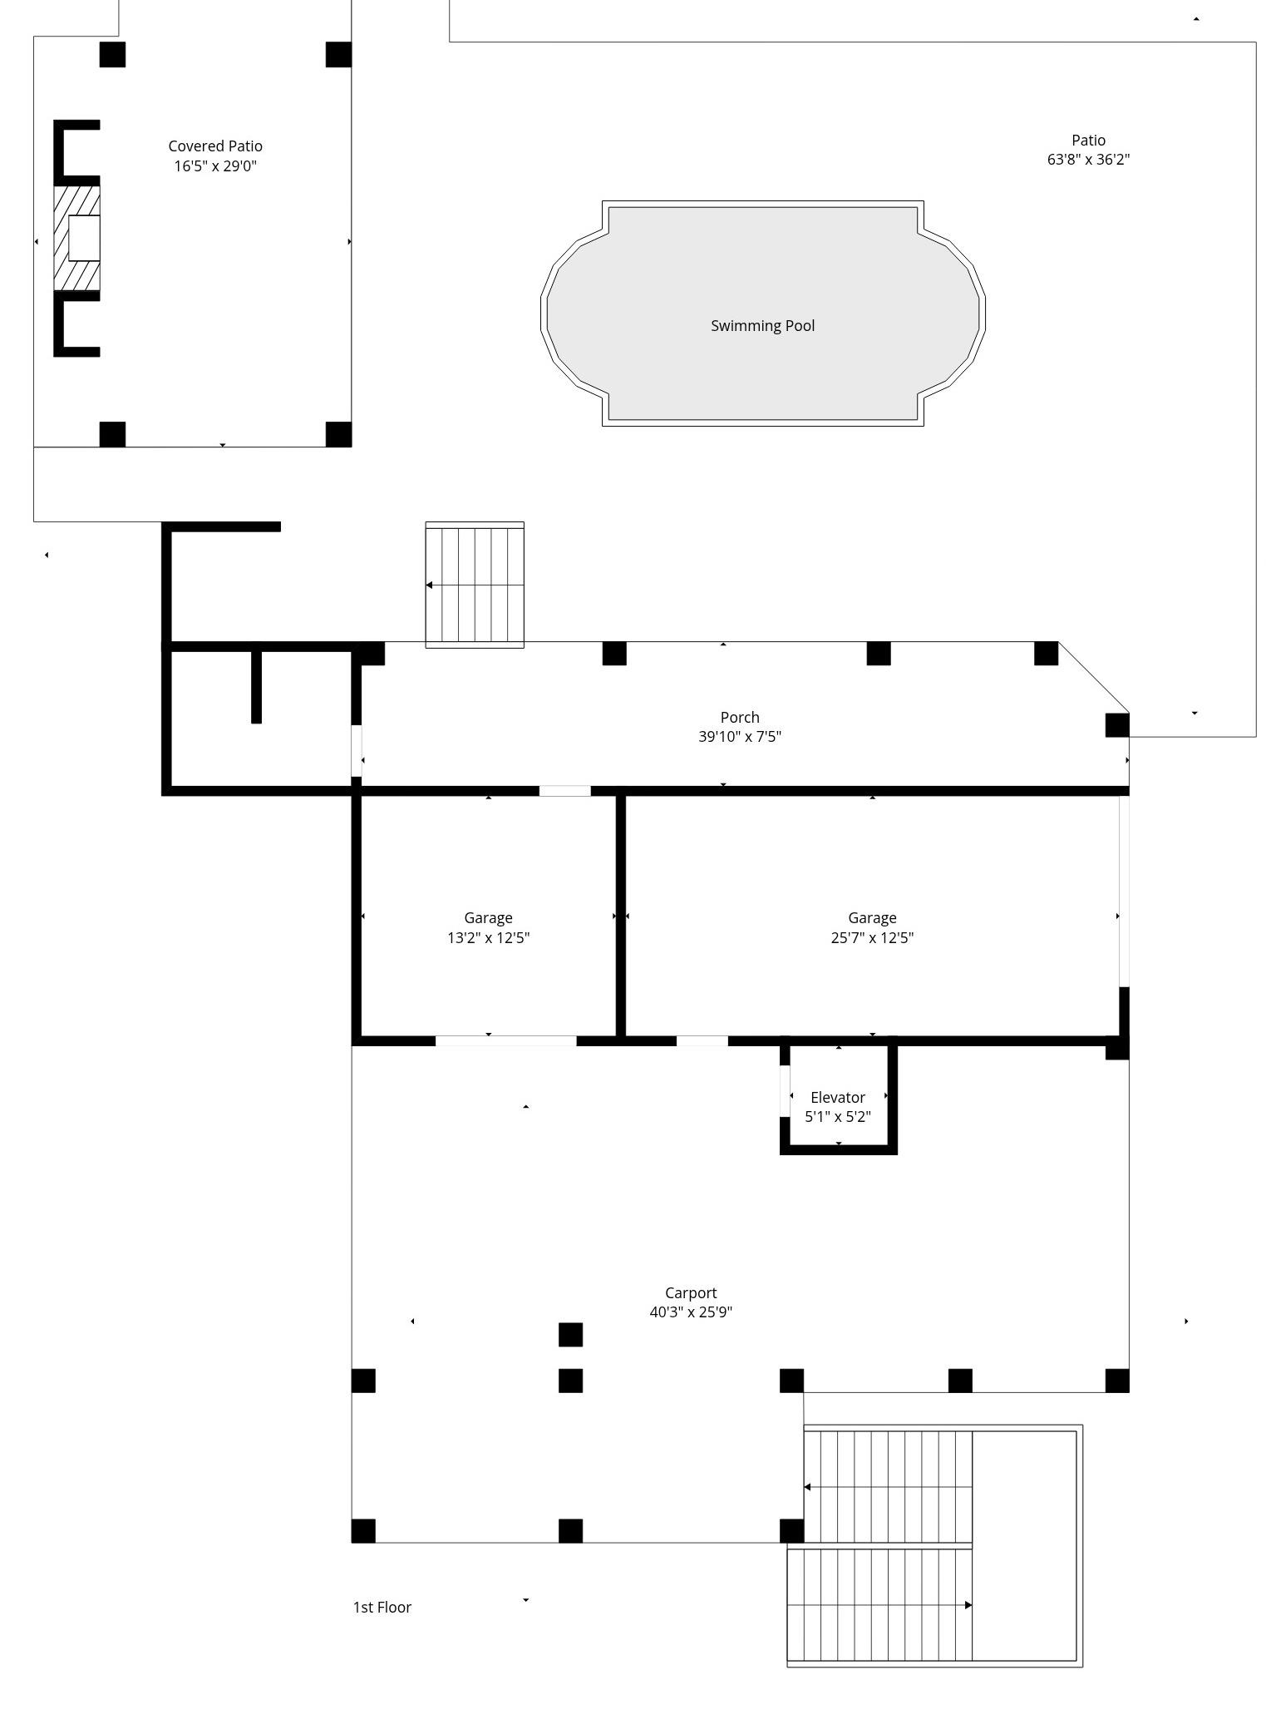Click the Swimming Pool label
click(x=762, y=325)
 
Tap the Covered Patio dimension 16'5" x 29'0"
click(x=215, y=165)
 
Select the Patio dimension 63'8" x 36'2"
click(x=1088, y=160)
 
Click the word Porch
click(x=740, y=717)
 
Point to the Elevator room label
click(x=838, y=1097)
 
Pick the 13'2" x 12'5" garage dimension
click(x=489, y=937)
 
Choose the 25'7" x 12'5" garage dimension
click(x=872, y=937)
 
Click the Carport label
click(x=691, y=1292)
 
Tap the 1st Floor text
click(x=382, y=1607)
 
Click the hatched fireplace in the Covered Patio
click(x=76, y=239)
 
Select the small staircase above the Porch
click(x=475, y=585)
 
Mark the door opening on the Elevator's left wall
click(x=785, y=1091)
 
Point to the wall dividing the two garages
click(x=620, y=916)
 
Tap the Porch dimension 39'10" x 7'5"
click(x=740, y=736)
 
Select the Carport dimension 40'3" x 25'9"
click(x=691, y=1312)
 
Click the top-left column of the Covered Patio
click(x=112, y=55)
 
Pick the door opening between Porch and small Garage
click(x=565, y=791)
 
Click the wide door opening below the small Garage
click(x=505, y=1041)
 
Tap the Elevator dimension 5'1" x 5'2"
click(x=838, y=1116)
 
